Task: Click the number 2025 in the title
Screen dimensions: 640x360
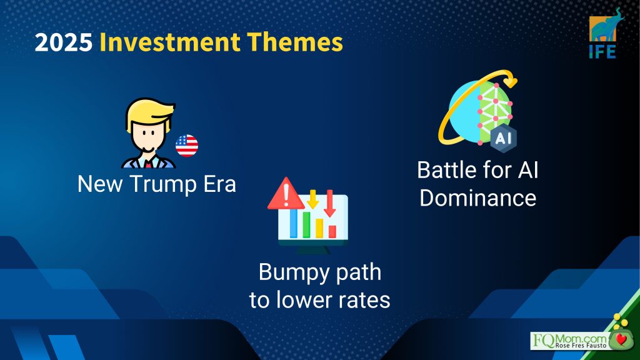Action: (64, 42)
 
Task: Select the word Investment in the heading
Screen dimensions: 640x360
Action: (170, 42)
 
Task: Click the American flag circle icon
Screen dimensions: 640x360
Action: (187, 146)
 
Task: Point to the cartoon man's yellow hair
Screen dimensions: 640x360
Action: (150, 111)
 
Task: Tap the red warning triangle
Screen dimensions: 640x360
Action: (286, 194)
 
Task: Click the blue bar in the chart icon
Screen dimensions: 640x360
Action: (294, 224)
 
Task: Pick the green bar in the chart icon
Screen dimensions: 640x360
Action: (306, 225)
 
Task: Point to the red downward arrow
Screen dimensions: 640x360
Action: (330, 203)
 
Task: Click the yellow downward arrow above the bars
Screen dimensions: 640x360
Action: (312, 199)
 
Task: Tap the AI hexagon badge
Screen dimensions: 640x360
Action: (503, 139)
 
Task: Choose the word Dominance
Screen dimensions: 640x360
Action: (478, 198)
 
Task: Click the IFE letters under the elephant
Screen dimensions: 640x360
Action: (602, 52)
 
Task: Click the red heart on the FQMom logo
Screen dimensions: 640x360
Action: (622, 339)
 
